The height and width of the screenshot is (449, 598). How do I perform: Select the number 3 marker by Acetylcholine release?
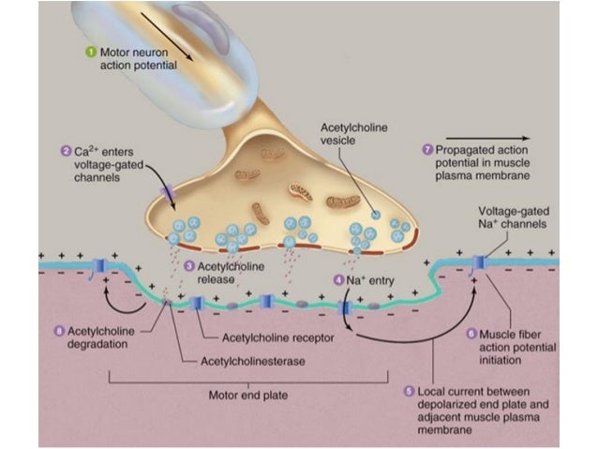tap(188, 266)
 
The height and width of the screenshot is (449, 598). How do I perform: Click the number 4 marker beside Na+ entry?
tap(338, 279)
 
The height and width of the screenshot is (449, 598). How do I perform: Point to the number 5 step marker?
tap(409, 391)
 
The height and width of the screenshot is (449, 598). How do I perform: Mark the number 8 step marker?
tap(61, 330)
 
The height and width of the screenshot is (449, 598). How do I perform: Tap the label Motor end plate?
tap(247, 393)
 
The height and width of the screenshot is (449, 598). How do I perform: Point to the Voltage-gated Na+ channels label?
tap(513, 217)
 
